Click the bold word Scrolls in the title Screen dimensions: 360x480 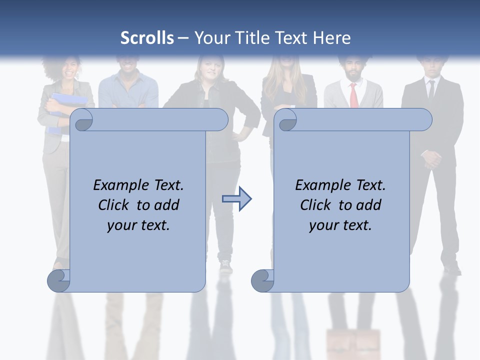coord(147,38)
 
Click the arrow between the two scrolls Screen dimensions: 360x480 coord(236,199)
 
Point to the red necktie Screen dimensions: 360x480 coord(353,95)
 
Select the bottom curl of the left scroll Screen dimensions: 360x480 coord(59,280)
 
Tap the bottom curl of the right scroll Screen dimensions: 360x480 coord(262,280)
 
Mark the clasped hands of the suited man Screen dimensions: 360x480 coord(431,158)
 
